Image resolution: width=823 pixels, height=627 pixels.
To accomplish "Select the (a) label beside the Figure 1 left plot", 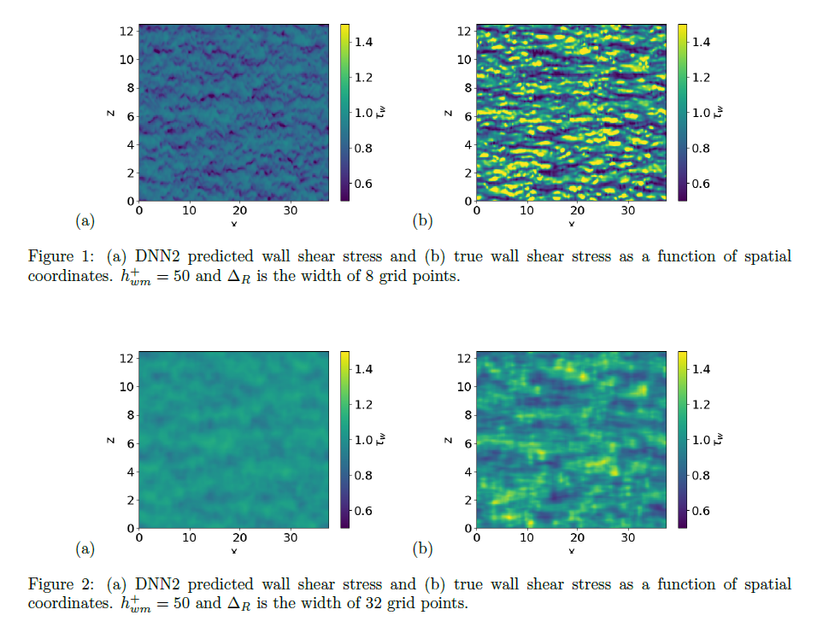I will point(85,221).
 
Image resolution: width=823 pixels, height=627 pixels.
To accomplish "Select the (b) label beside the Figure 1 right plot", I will point(422,221).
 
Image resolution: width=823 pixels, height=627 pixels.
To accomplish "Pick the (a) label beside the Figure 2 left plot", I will point(85,548).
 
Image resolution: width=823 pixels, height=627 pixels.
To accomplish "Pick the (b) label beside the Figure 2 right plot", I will point(422,548).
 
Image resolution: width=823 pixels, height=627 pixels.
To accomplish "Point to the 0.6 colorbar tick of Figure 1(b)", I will point(701,184).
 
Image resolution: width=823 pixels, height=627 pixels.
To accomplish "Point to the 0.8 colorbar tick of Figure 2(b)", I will point(701,475).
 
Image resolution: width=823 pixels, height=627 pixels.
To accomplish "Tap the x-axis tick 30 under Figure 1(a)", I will point(291,210).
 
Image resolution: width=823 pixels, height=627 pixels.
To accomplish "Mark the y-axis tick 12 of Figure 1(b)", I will point(465,32).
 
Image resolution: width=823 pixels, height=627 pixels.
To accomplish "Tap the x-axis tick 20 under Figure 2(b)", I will point(578,537).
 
